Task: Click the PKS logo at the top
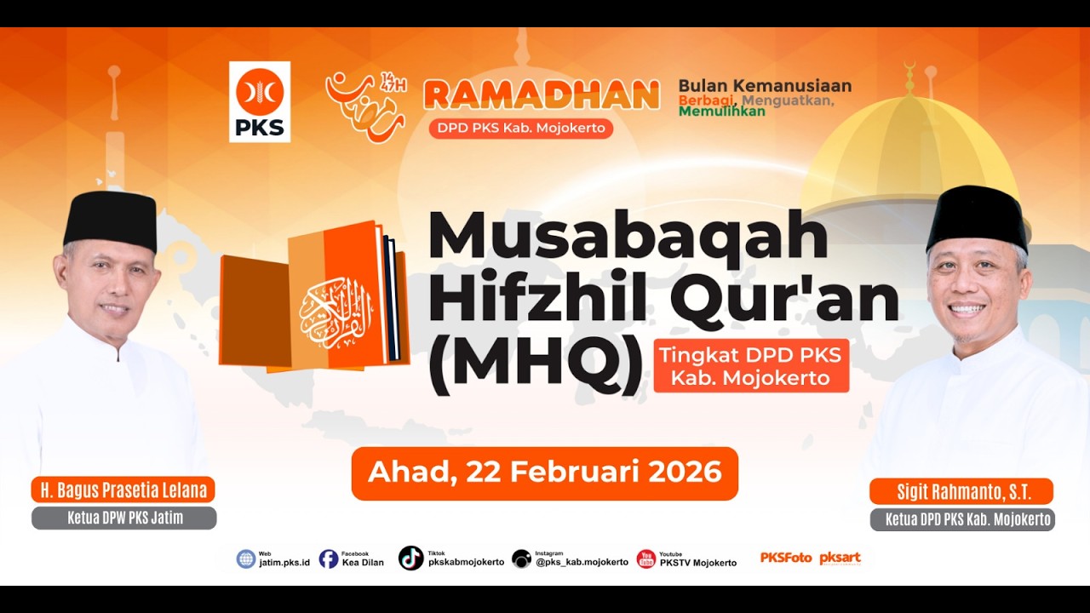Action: coord(260,101)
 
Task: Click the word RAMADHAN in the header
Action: coord(542,95)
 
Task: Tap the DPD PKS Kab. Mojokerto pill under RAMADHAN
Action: coord(521,129)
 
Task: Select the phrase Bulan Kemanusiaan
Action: coord(765,86)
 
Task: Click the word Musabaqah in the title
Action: coord(628,236)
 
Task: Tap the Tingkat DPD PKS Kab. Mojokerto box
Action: coord(751,366)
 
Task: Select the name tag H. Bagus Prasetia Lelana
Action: coord(123,490)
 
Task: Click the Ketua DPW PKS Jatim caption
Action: coord(124,518)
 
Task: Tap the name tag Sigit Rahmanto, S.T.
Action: coord(961,492)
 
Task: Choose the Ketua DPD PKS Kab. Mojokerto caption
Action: coord(962,519)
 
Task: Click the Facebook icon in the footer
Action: coord(329,559)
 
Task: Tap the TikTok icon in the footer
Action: coord(411,558)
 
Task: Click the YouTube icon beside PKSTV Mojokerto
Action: coord(646,559)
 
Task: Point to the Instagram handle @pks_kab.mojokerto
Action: coord(582,563)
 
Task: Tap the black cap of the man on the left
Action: coord(111,218)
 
